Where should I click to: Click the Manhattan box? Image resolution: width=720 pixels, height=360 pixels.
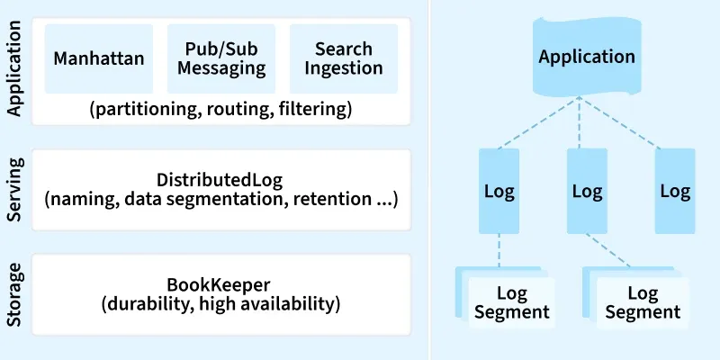tap(99, 58)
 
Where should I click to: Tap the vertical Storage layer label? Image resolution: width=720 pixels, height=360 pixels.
tap(14, 293)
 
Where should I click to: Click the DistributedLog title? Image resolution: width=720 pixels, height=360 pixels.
tap(220, 179)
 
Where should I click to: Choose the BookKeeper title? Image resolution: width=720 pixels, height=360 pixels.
tap(220, 283)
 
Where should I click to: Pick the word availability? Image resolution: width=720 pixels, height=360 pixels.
tap(289, 303)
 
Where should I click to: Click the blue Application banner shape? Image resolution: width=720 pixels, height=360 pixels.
tap(587, 57)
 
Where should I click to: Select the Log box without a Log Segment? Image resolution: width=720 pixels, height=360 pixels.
tap(674, 192)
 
